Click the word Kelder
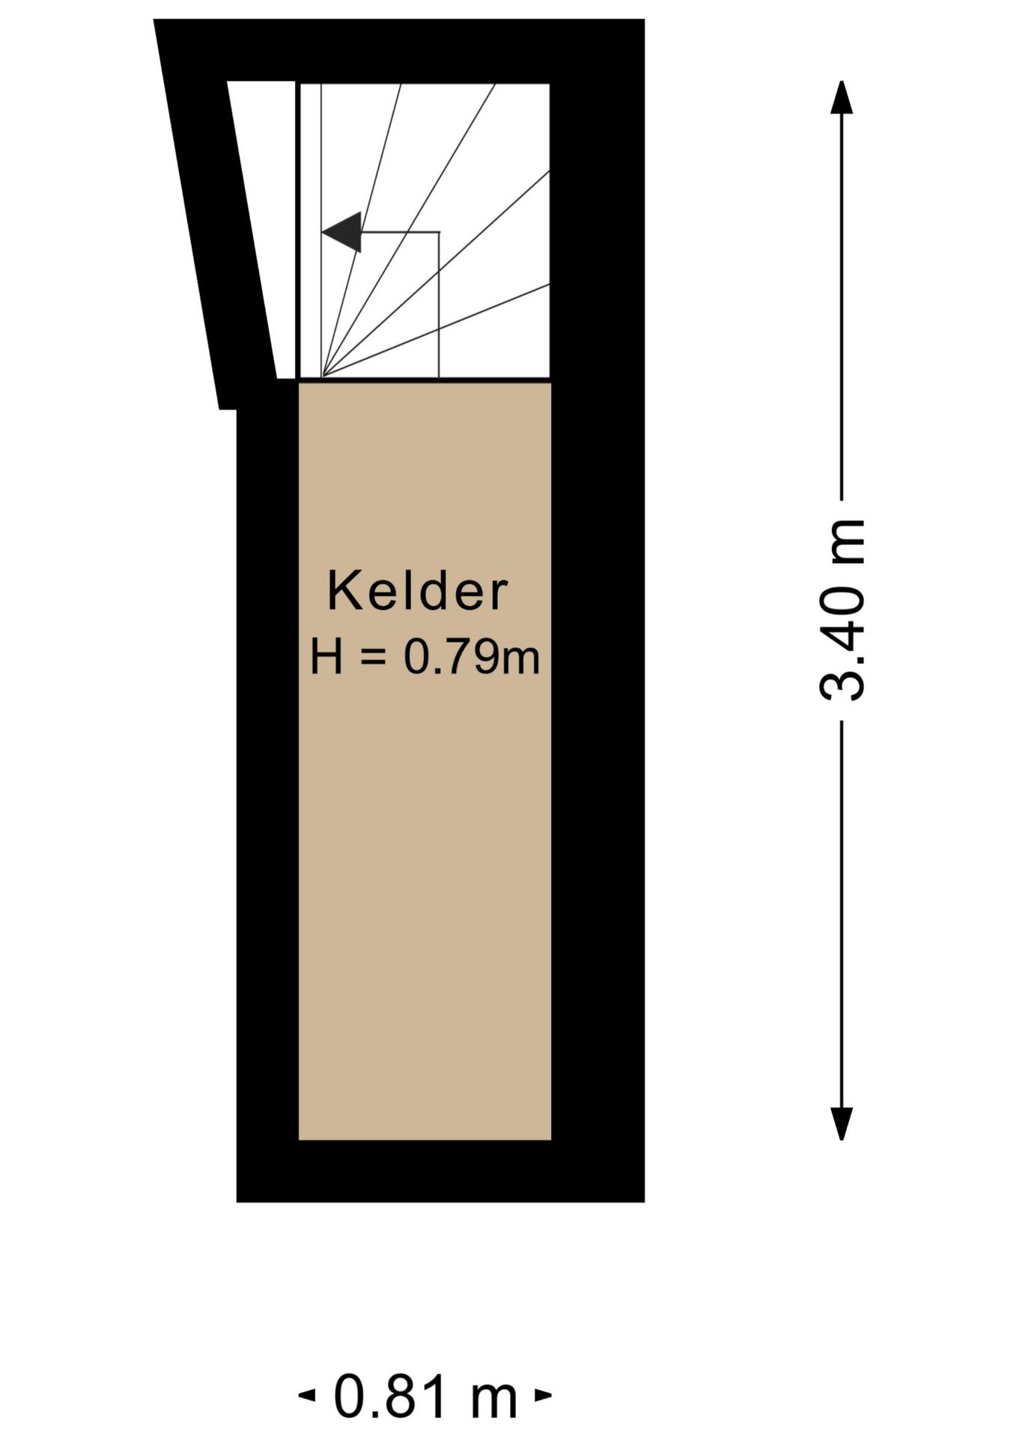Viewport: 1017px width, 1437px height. tap(417, 592)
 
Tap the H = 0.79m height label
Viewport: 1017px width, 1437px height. tap(425, 657)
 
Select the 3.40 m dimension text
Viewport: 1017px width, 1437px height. tap(843, 609)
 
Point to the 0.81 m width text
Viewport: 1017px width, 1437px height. tap(425, 1396)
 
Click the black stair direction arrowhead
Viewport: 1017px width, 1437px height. tap(342, 232)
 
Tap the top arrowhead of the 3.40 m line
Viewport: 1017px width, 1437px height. tap(842, 97)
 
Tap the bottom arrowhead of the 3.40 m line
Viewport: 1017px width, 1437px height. tap(842, 1123)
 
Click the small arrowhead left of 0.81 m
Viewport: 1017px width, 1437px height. tap(306, 1395)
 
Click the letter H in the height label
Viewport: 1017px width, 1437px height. tap(326, 657)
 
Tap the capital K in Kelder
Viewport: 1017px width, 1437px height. tap(341, 592)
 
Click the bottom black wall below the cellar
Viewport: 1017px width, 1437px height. tap(440, 1171)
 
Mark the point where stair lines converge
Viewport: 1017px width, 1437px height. tap(323, 377)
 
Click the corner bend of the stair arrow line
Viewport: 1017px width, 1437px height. tap(438, 232)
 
